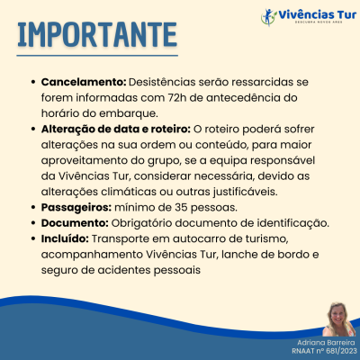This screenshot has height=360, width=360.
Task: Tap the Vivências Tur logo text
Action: pos(311,14)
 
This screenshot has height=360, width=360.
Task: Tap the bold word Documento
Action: pos(75,222)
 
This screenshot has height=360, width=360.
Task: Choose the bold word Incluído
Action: pos(64,238)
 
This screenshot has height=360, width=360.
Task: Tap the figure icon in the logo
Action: pos(265,15)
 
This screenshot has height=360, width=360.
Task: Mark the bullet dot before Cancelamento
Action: pos(33,82)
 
